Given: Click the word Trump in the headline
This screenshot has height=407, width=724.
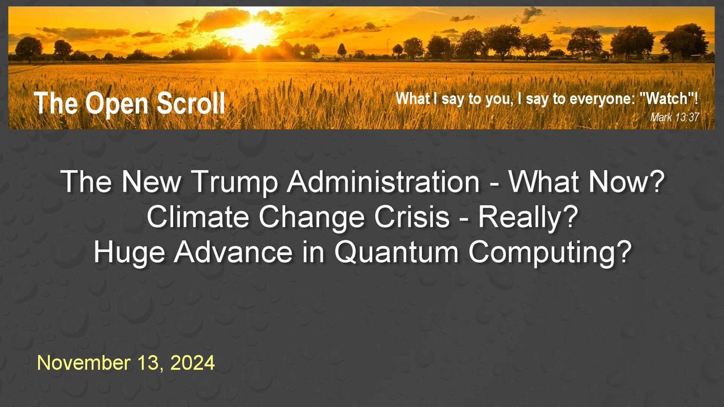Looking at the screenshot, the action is click(235, 183).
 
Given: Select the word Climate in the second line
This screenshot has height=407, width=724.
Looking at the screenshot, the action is click(198, 217).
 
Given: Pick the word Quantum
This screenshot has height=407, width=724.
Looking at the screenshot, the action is click(397, 252).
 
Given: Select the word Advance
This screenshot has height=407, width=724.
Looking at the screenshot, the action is click(233, 252).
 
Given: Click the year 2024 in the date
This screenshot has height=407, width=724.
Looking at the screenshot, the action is click(192, 363).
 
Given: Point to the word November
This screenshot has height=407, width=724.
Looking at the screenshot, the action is click(84, 363).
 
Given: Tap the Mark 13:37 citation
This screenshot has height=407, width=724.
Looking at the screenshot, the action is click(675, 117).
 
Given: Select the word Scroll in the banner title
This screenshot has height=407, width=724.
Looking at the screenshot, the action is click(191, 103).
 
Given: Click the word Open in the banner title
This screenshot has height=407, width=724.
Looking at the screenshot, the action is click(117, 105).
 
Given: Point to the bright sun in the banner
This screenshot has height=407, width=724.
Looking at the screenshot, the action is click(252, 33).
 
